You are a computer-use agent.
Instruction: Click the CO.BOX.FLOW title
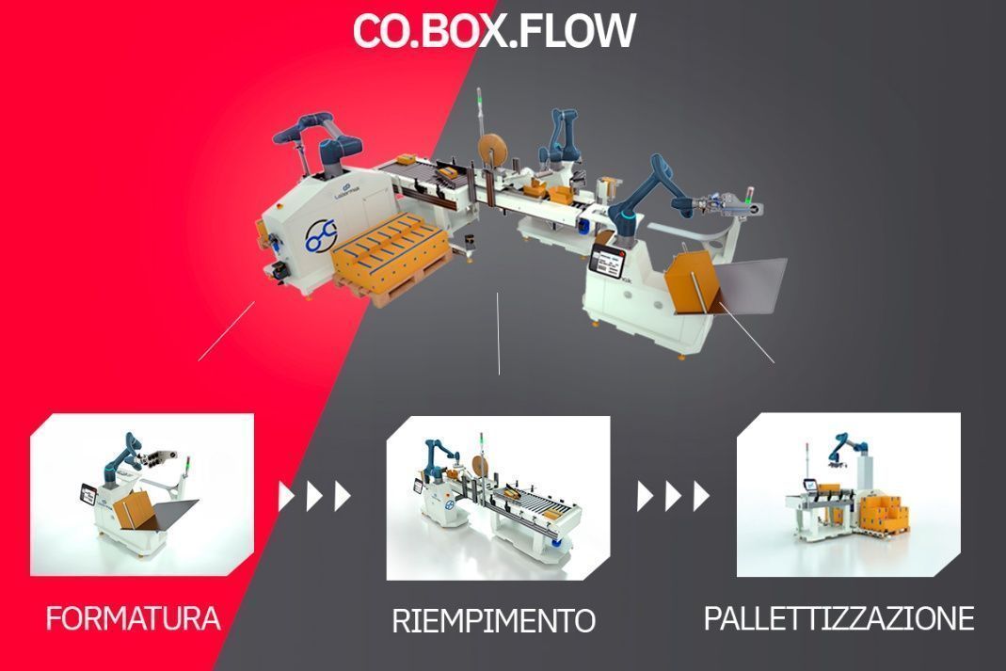click(494, 30)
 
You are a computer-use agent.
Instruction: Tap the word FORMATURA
click(133, 618)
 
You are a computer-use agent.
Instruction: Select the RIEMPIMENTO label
click(493, 621)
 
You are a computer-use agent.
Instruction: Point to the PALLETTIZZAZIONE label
click(838, 618)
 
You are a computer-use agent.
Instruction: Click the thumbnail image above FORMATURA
click(142, 494)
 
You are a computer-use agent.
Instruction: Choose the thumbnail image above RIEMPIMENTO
click(498, 498)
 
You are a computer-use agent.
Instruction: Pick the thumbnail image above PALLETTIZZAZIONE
click(848, 494)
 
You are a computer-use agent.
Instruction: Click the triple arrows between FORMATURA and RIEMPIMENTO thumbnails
click(315, 496)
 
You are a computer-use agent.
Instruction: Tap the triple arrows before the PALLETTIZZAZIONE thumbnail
click(673, 496)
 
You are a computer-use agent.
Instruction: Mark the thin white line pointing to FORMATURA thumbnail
click(226, 330)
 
